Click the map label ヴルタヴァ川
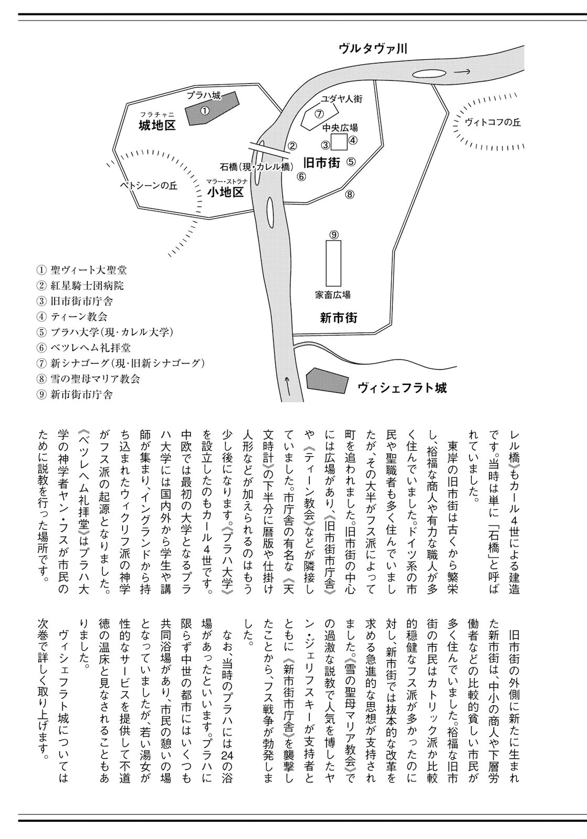(x=373, y=48)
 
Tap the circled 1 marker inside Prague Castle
(x=205, y=111)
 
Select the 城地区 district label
(x=157, y=125)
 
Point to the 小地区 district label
(x=225, y=192)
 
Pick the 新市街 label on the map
(x=339, y=318)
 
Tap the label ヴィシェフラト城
(x=402, y=388)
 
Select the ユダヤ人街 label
(x=342, y=99)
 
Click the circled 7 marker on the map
(x=319, y=113)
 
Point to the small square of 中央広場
(x=339, y=142)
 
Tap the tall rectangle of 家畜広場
(x=333, y=263)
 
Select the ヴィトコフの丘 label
(x=493, y=122)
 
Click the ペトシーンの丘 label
(x=149, y=186)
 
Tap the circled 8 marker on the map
(x=350, y=195)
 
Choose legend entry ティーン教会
(x=79, y=317)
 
